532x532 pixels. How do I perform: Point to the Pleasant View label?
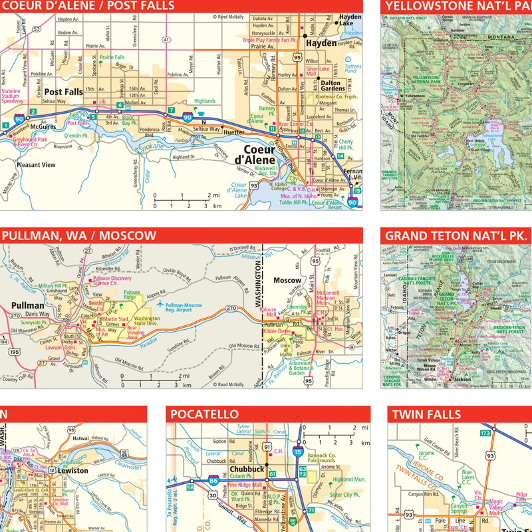click(x=36, y=164)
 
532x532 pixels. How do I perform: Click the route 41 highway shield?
click(x=166, y=41)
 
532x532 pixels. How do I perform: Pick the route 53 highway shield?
click(x=37, y=29)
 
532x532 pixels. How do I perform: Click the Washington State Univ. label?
click(x=148, y=322)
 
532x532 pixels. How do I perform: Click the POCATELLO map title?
click(x=203, y=414)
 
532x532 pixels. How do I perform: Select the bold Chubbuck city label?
click(x=229, y=469)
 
